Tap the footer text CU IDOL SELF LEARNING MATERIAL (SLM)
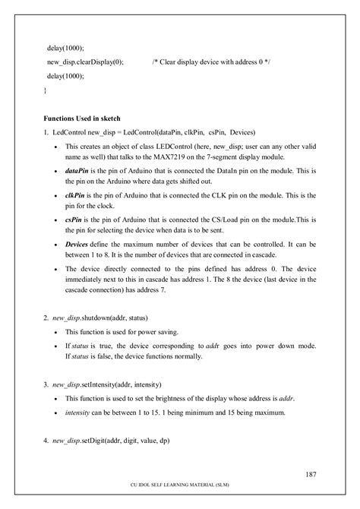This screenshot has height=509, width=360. pyautogui.click(x=179, y=492)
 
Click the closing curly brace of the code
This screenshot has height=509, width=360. pyautogui.click(x=45, y=90)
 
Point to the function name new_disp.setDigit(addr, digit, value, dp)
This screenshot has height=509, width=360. pyautogui.click(x=111, y=441)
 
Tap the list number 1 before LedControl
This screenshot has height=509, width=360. pyautogui.click(x=46, y=132)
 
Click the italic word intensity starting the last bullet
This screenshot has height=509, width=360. pyautogui.click(x=80, y=413)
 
